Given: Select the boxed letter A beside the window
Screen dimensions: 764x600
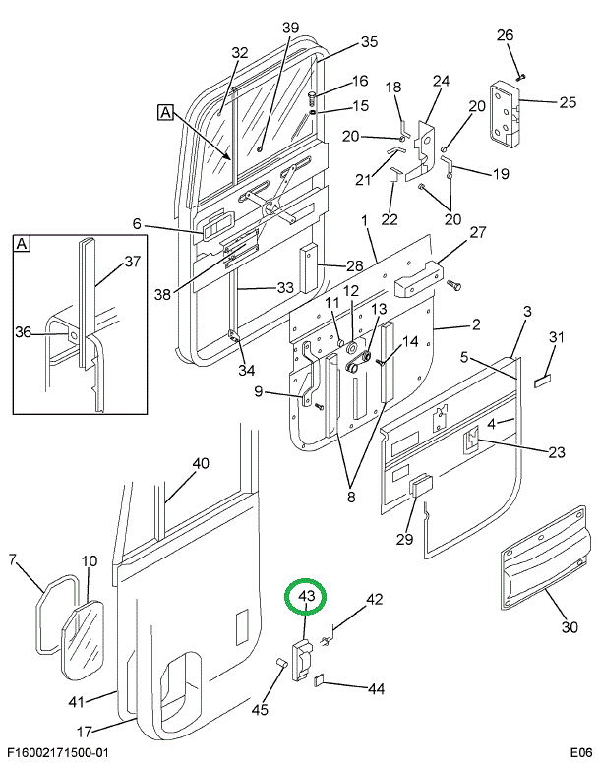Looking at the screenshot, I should [165, 113].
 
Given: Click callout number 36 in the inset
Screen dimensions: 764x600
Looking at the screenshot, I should [24, 333].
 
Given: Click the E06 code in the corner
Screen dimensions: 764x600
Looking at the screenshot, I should [580, 751].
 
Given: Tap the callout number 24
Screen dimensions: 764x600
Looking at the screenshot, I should [441, 81].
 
